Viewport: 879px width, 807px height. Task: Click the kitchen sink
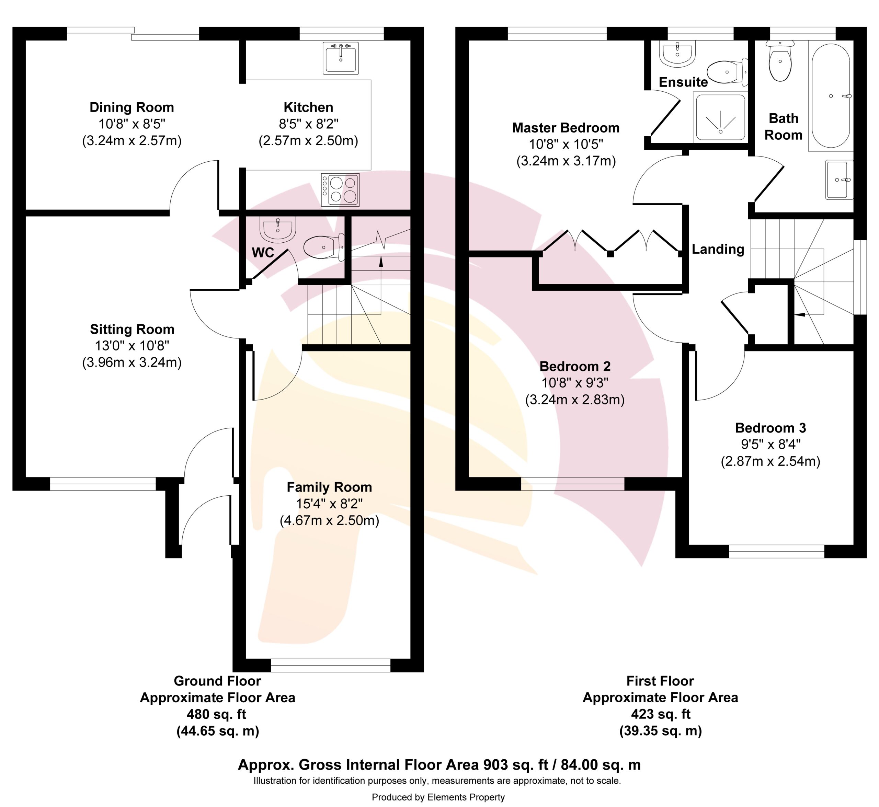[341, 58]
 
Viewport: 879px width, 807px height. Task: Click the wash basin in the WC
[278, 229]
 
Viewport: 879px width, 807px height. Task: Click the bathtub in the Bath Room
[831, 96]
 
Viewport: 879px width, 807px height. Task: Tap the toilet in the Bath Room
[780, 61]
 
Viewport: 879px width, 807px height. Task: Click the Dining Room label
[132, 107]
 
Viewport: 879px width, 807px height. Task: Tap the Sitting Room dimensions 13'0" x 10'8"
[132, 345]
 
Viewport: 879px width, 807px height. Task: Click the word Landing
[718, 249]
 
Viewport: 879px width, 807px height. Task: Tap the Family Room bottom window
[330, 665]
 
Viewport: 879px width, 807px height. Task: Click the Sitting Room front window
[103, 484]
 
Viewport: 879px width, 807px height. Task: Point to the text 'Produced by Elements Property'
[438, 797]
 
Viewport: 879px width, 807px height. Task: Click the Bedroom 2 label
[574, 366]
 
